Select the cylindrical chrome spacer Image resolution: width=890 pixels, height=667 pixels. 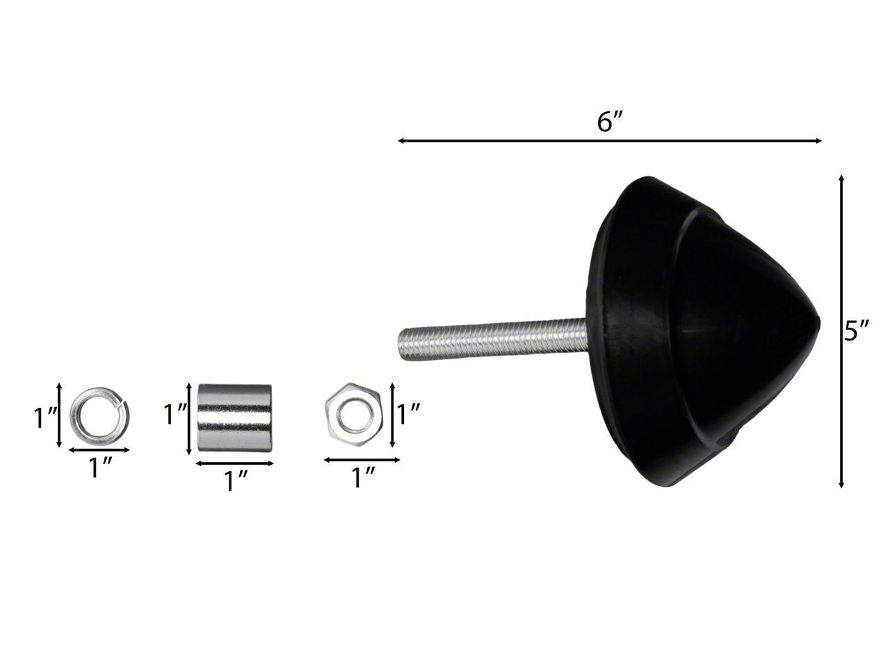coord(234,418)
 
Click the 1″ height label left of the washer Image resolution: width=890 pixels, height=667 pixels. coord(44,418)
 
